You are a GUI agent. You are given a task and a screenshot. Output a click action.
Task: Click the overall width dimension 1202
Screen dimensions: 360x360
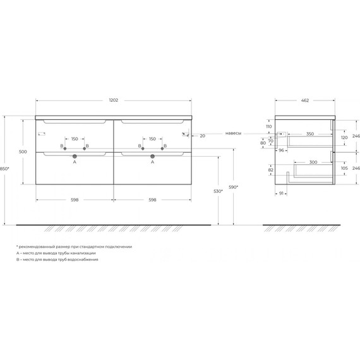[113, 100]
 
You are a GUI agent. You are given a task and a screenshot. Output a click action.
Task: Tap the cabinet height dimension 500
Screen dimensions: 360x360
[22, 152]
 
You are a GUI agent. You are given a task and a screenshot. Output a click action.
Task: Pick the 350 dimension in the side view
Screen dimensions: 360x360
[309, 134]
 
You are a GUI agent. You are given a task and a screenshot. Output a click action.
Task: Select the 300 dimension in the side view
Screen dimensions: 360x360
[309, 161]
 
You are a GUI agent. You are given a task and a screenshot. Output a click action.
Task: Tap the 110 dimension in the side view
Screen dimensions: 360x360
[269, 126]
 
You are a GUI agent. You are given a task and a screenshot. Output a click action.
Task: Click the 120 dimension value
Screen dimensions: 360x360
[344, 137]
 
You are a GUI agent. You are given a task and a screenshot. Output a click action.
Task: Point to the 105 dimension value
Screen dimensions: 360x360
[344, 169]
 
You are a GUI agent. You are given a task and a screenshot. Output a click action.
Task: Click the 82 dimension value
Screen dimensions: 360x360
[270, 170]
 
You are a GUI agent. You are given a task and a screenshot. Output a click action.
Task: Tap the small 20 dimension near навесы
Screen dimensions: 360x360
[202, 135]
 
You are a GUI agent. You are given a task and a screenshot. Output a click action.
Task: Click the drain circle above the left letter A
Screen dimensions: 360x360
[75, 155]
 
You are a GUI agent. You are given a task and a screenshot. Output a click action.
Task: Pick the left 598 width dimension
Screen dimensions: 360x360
[75, 200]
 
